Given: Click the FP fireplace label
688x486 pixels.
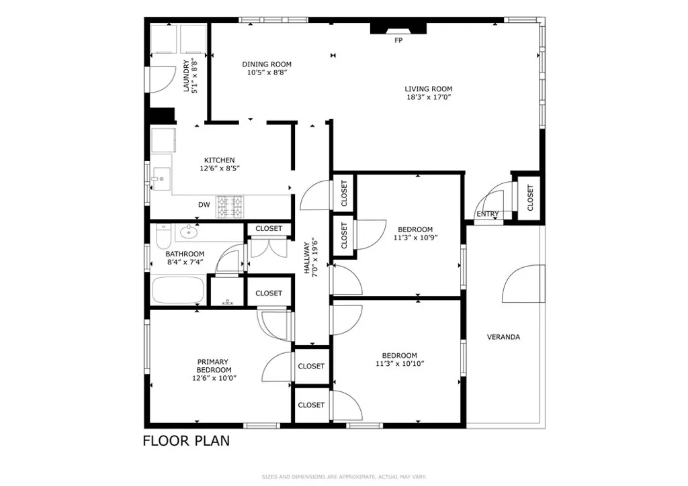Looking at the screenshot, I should point(398,40).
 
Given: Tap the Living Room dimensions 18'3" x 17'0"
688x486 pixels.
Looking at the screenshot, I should point(428,97).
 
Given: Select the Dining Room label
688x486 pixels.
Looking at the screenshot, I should point(267,64).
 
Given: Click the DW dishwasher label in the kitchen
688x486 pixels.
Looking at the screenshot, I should point(204,205).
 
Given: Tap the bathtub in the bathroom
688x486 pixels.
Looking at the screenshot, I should point(177,291).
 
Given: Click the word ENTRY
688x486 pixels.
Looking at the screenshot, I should point(488,215).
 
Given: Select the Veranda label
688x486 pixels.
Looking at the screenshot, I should point(503,337).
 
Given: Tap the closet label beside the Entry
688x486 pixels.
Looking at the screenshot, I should point(529,198).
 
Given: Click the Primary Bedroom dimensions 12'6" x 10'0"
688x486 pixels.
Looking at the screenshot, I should point(214,378).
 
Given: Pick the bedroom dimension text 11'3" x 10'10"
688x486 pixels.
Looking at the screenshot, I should point(399,364).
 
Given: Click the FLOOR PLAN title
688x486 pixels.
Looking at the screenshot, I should point(186,441).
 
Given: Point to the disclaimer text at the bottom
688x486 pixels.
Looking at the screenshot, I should point(343,477).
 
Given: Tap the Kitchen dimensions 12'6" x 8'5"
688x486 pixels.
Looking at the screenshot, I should point(219,168).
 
